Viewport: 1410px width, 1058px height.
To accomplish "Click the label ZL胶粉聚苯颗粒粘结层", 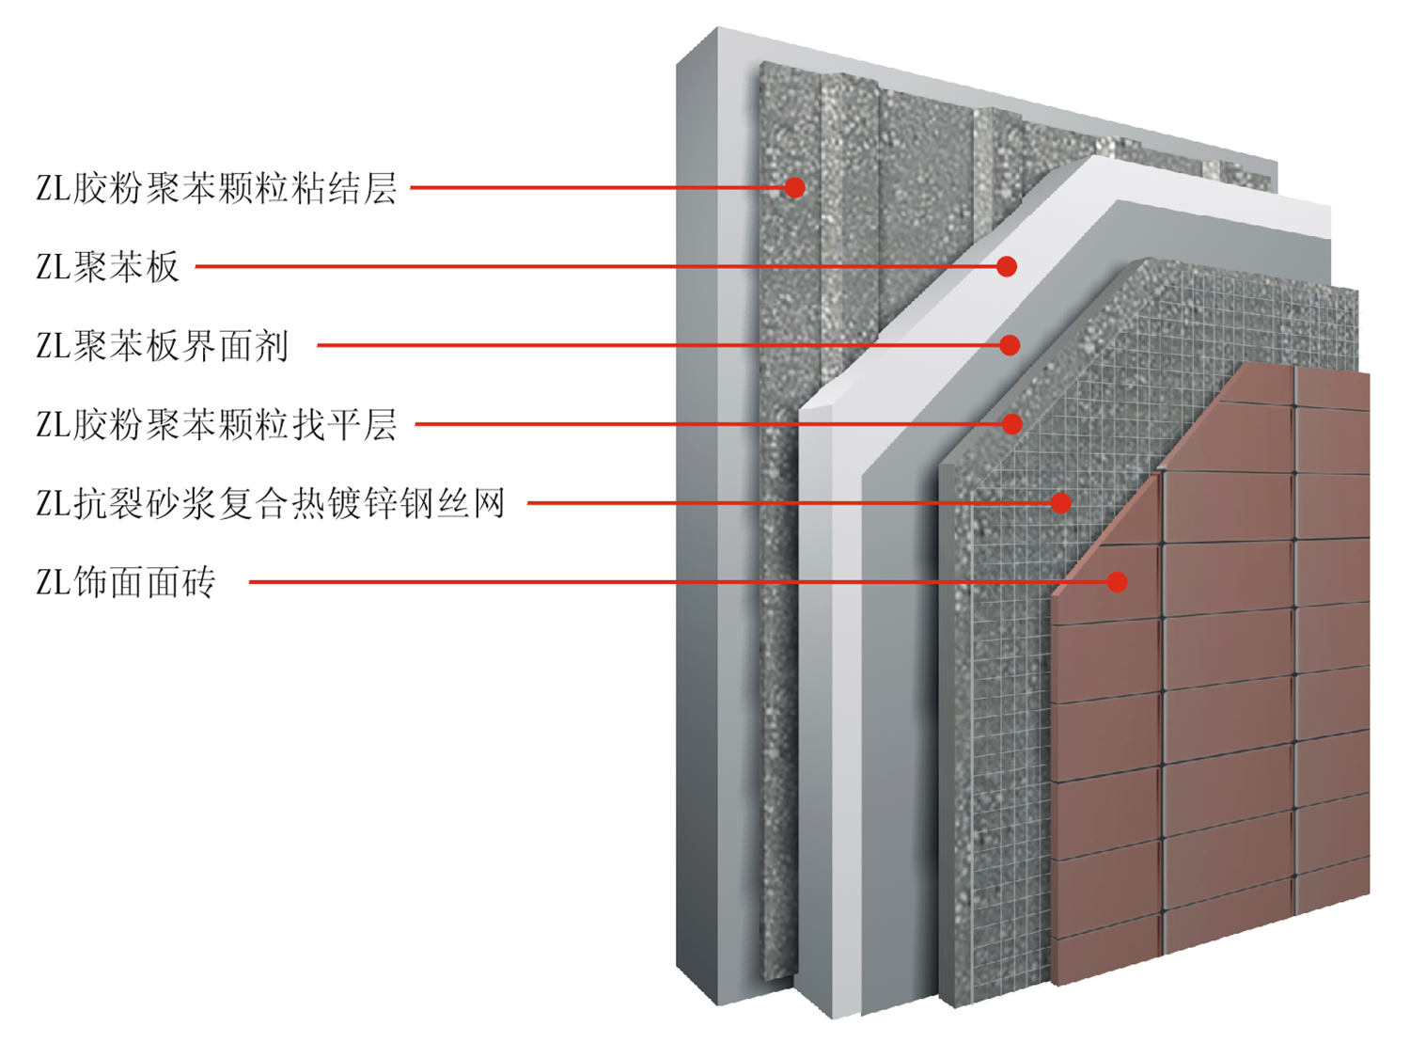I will pos(216,188).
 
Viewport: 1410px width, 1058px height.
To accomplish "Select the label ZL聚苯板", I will pos(107,267).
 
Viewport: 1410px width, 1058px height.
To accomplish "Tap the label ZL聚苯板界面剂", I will pos(162,346).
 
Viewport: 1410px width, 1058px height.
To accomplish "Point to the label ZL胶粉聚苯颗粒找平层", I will pos(216,425).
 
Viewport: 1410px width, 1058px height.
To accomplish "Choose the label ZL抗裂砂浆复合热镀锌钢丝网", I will pos(271,504).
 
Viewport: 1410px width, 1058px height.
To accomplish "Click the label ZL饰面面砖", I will pos(126,583).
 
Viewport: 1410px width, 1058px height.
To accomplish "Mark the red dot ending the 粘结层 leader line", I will pos(795,188).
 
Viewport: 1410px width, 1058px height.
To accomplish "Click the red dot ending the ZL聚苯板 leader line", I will pos(1007,267).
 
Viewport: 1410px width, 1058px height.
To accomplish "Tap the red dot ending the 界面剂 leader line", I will pos(1010,346).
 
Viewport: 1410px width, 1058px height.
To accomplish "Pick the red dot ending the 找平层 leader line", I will pos(1012,425).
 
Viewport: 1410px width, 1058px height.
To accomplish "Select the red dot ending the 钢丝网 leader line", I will pos(1061,503).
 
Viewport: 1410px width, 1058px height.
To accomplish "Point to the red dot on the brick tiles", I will pos(1117,582).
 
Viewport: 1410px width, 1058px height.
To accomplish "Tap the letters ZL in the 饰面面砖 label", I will pos(53,583).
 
